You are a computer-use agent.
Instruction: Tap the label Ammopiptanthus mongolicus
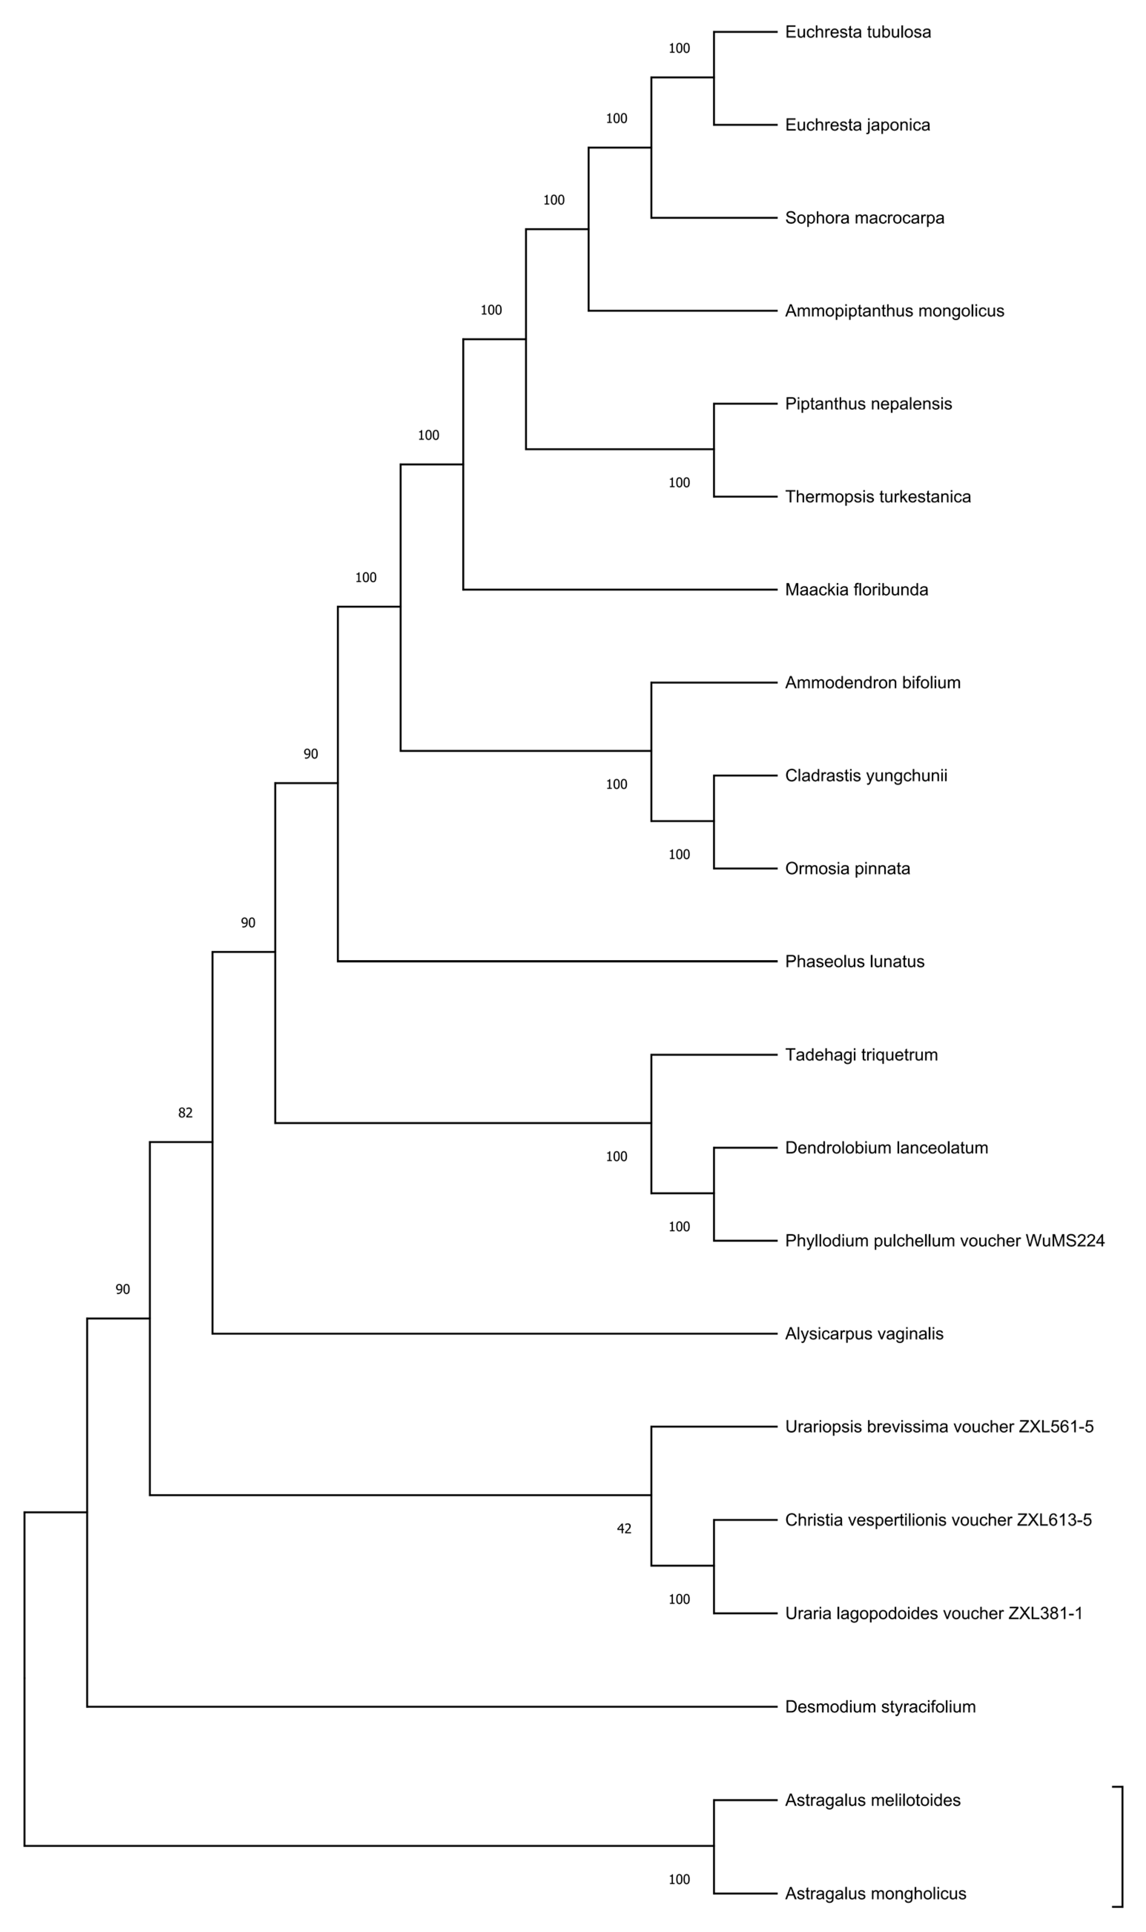tap(894, 311)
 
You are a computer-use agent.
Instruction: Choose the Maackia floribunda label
tap(856, 590)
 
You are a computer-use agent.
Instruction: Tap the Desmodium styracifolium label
tap(880, 1707)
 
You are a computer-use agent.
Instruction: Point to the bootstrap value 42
tap(624, 1528)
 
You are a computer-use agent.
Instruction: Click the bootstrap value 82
tap(185, 1112)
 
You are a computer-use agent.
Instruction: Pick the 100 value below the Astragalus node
tap(679, 1879)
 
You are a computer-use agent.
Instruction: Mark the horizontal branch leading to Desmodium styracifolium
tap(432, 1707)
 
